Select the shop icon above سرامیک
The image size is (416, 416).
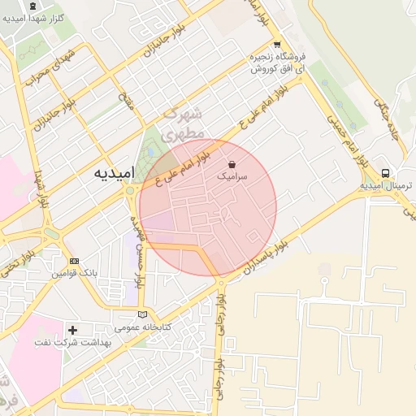pos(232,163)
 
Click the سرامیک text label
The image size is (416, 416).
pos(232,175)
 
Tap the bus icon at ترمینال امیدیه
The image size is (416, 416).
pos(385,173)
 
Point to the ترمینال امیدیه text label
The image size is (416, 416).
pos(387,186)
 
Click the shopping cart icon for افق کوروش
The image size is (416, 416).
pos(277,45)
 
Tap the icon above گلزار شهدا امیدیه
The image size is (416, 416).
pos(32,6)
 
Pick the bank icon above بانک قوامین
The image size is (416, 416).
pos(74,262)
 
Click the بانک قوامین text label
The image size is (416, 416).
pos(76,274)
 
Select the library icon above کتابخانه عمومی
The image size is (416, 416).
pos(143,314)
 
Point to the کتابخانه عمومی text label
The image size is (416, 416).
pos(143,327)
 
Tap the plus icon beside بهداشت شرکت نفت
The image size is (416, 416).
pos(74,330)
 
